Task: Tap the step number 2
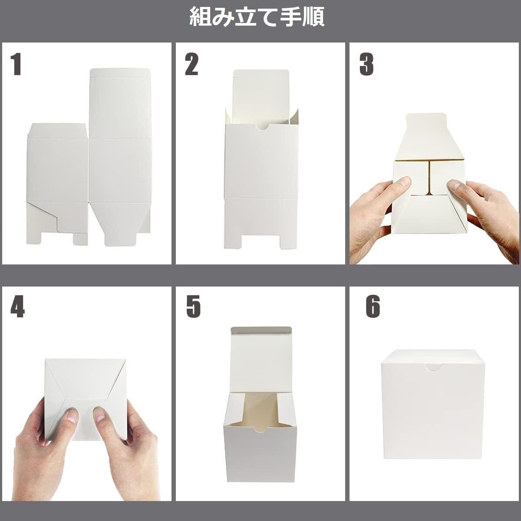(x=191, y=64)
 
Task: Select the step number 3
(x=366, y=64)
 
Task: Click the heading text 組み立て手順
(x=257, y=17)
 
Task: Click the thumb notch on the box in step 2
(x=262, y=127)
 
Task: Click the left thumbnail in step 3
(x=405, y=182)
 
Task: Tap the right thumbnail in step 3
(x=454, y=186)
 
